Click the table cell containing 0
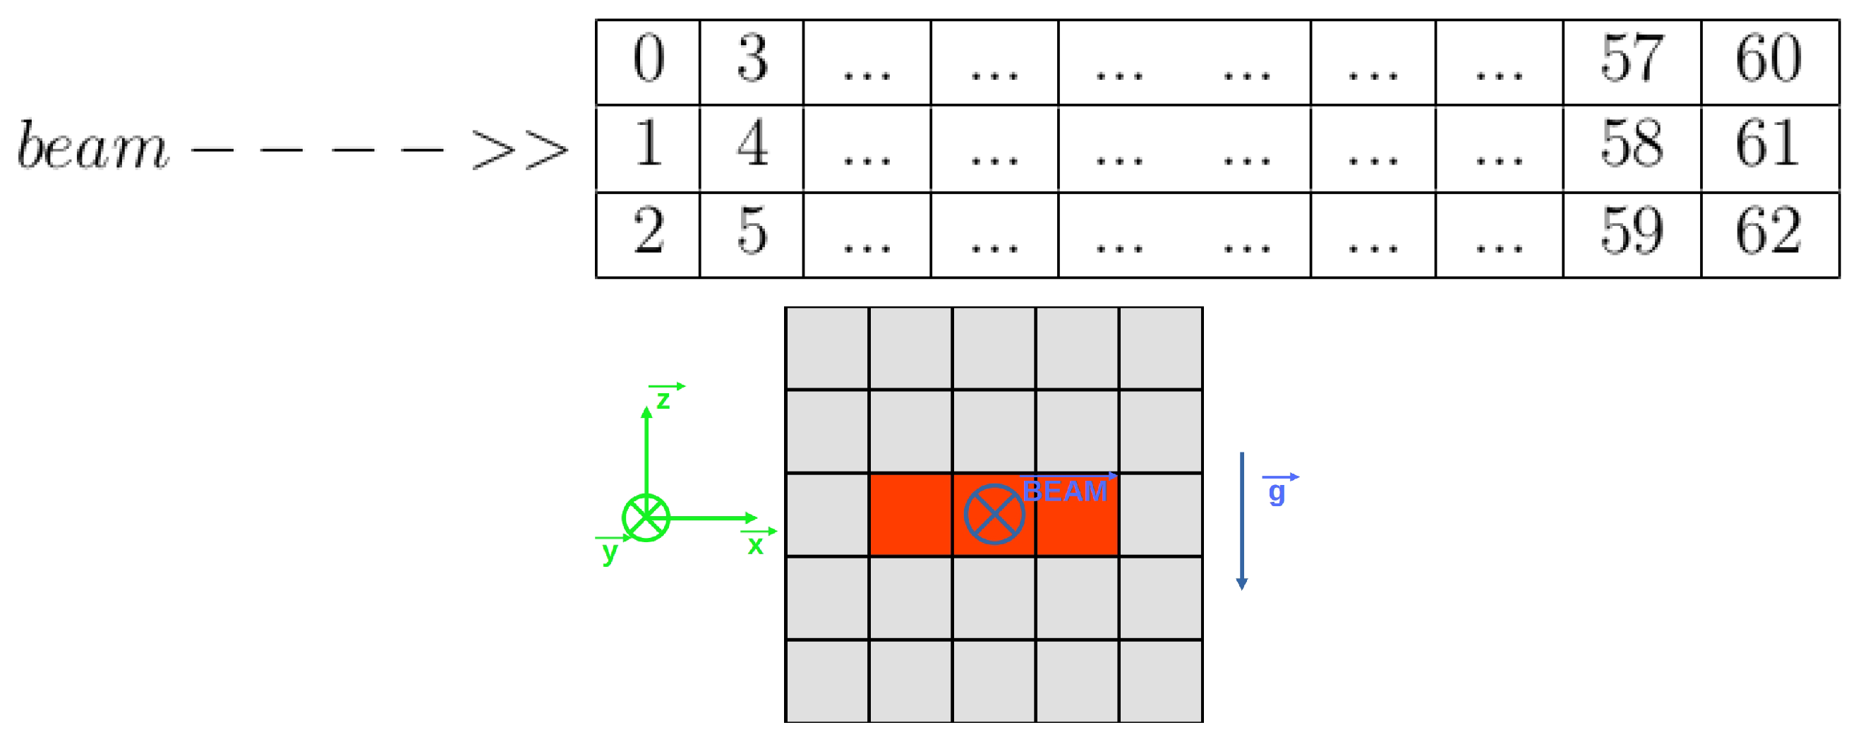click(648, 62)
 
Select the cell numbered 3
click(752, 62)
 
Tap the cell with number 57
click(1632, 62)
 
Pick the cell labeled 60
click(1769, 62)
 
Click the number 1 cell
click(648, 148)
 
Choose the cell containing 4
click(752, 148)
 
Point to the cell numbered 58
click(1632, 148)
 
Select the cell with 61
click(1769, 148)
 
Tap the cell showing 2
click(648, 234)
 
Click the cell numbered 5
click(752, 234)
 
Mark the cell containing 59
click(1632, 234)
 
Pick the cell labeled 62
click(1769, 234)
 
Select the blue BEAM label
click(1065, 491)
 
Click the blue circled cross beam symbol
click(994, 514)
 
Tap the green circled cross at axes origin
click(646, 517)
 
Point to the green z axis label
click(663, 399)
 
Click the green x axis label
click(755, 545)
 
